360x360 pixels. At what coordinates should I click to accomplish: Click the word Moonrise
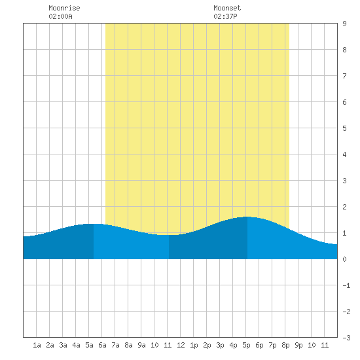coord(64,8)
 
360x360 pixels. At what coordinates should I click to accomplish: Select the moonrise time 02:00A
coord(60,16)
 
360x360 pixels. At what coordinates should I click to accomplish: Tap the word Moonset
coord(227,8)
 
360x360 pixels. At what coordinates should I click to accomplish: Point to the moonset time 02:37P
coord(225,16)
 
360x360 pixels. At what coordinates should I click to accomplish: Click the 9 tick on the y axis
coord(344,24)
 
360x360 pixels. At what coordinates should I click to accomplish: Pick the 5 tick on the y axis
coord(344,128)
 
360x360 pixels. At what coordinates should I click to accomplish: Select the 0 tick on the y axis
coord(344,259)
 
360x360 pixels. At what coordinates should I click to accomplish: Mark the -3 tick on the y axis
coord(346,338)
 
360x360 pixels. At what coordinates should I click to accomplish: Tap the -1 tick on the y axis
coord(346,285)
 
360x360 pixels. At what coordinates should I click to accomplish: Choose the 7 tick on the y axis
coord(344,76)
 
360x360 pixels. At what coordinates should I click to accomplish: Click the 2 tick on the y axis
coord(344,207)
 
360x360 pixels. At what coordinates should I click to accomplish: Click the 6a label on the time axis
coord(102,345)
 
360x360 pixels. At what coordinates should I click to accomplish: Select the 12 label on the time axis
coord(181,345)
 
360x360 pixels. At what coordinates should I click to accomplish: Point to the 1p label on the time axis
coord(194,345)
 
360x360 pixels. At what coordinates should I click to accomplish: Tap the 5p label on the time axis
coord(246,345)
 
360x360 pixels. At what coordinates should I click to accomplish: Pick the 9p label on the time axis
coord(298,345)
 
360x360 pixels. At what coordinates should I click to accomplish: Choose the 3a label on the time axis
coord(63,345)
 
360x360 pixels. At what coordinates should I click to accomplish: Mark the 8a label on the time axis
coord(128,345)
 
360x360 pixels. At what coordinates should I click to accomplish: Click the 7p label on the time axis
coord(272,345)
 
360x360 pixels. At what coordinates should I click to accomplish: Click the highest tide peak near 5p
coord(247,217)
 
